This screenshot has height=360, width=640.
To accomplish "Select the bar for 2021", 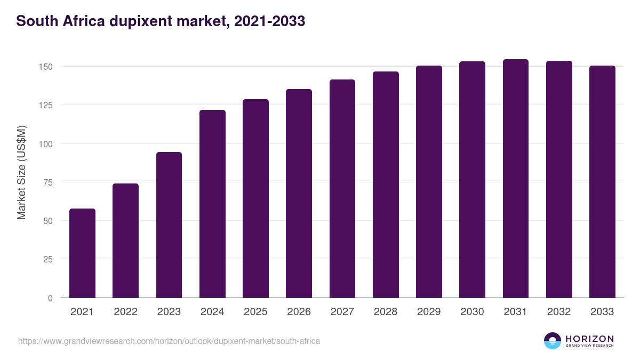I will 82,253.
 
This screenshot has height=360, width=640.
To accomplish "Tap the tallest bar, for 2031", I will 516,179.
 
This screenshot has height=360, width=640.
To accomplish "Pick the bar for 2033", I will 602,182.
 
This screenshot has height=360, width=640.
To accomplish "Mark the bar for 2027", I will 342,189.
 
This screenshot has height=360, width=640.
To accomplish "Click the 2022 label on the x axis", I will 125,312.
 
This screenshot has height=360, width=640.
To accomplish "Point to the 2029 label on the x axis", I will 429,312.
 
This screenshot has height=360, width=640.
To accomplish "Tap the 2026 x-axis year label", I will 299,312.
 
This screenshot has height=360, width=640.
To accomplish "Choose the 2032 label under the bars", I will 559,312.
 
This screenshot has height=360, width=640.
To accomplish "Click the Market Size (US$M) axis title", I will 21,172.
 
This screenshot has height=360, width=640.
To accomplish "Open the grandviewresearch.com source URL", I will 169,341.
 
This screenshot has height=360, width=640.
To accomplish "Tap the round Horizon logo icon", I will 553,341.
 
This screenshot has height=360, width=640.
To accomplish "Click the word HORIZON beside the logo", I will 589,338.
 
